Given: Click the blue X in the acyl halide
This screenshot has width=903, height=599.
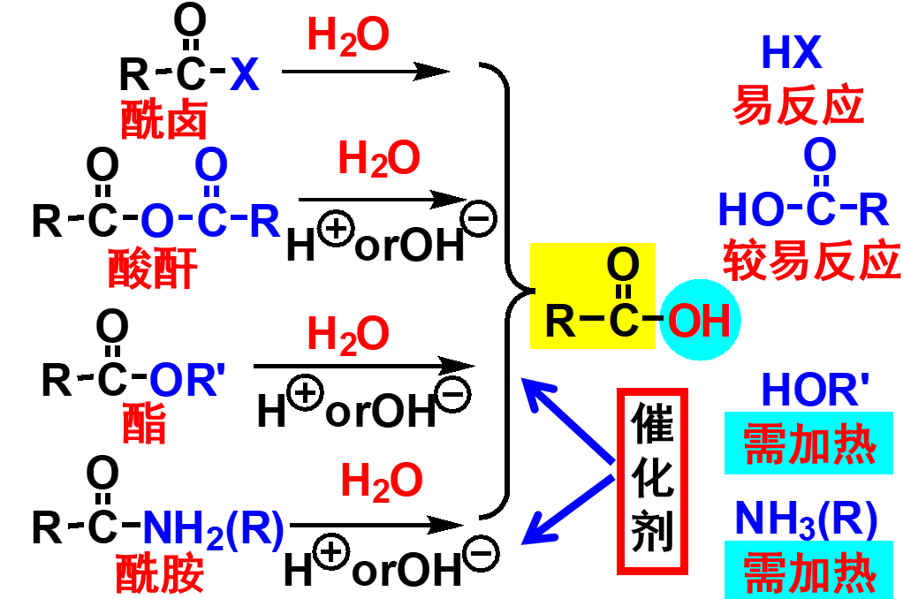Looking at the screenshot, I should point(245,76).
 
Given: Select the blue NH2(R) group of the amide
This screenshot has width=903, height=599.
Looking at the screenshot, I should point(213,527).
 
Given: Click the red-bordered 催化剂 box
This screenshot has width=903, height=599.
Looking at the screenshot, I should point(653,481).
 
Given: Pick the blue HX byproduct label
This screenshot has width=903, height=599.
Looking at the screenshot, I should point(792,55).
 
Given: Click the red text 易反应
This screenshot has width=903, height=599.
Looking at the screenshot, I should point(797,107).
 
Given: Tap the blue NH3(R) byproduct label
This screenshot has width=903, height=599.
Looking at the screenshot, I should point(806,520).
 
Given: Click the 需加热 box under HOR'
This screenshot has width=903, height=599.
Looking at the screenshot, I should point(810,443).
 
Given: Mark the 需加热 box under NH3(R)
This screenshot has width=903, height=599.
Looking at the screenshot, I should point(810,572).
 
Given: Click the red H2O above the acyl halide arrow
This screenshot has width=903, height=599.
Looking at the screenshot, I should point(347,37).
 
